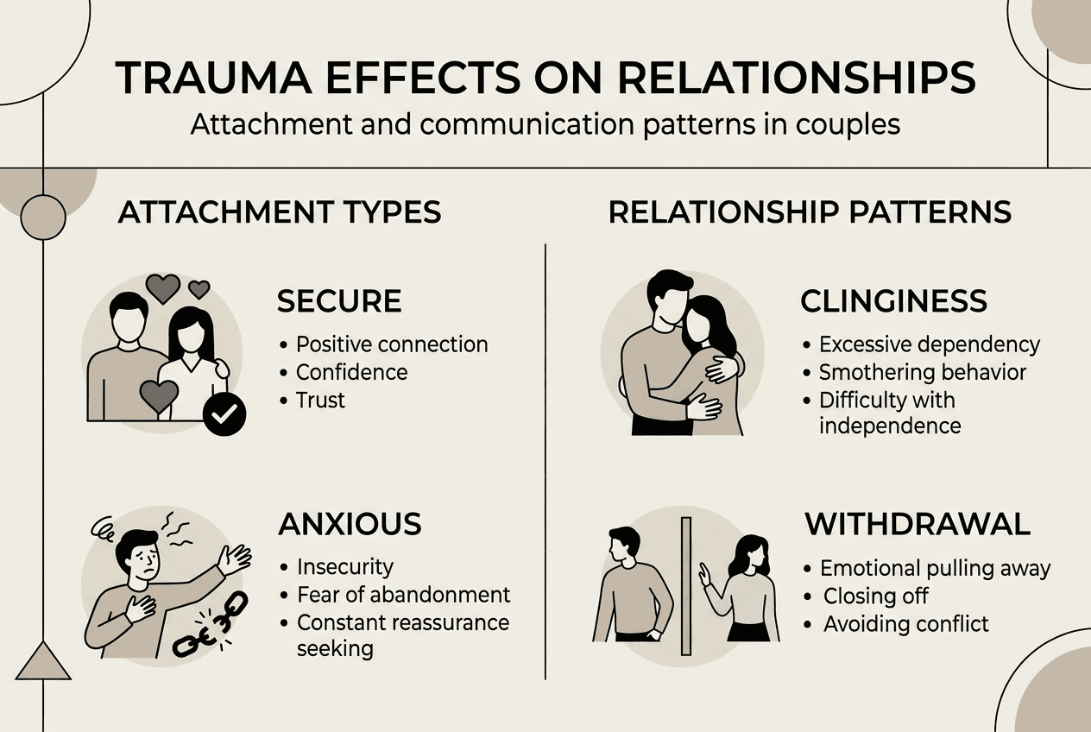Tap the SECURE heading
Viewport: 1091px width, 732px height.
pyautogui.click(x=339, y=301)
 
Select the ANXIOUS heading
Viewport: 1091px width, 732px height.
pyautogui.click(x=350, y=524)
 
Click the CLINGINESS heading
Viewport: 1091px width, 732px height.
pyautogui.click(x=893, y=301)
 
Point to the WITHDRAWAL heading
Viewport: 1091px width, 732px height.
pyautogui.click(x=918, y=524)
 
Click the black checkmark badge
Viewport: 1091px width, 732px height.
pyautogui.click(x=224, y=415)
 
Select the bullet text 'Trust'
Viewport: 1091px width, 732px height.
pyautogui.click(x=320, y=400)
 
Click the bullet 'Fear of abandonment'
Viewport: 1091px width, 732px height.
pyautogui.click(x=403, y=595)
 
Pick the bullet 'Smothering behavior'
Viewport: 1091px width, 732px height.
pyautogui.click(x=923, y=372)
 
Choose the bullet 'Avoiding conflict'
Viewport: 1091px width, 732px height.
pyautogui.click(x=905, y=623)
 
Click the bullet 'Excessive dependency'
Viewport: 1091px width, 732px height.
pyautogui.click(x=930, y=344)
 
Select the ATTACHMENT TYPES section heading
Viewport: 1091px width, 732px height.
pyautogui.click(x=280, y=212)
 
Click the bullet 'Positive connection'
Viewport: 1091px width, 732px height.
pyautogui.click(x=392, y=344)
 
